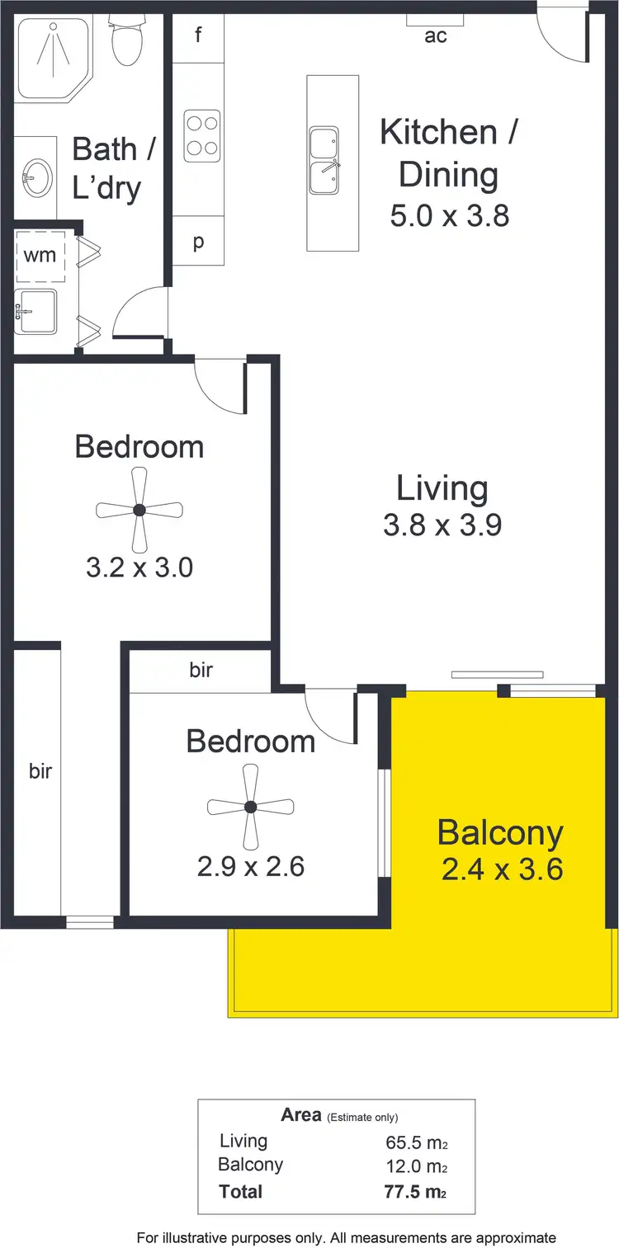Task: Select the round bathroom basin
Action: [35, 176]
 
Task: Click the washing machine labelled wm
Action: [40, 254]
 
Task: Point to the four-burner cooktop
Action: [202, 135]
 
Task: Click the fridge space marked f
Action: [198, 35]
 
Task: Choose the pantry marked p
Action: [198, 241]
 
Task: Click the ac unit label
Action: [435, 35]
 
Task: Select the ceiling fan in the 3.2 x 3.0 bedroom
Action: [139, 510]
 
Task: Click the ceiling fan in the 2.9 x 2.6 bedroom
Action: [251, 807]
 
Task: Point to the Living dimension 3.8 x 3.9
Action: [442, 525]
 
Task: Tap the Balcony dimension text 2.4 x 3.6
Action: [502, 869]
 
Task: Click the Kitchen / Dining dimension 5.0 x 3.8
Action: [449, 215]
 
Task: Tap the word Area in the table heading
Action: [300, 1115]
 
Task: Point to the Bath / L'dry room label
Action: [106, 168]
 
